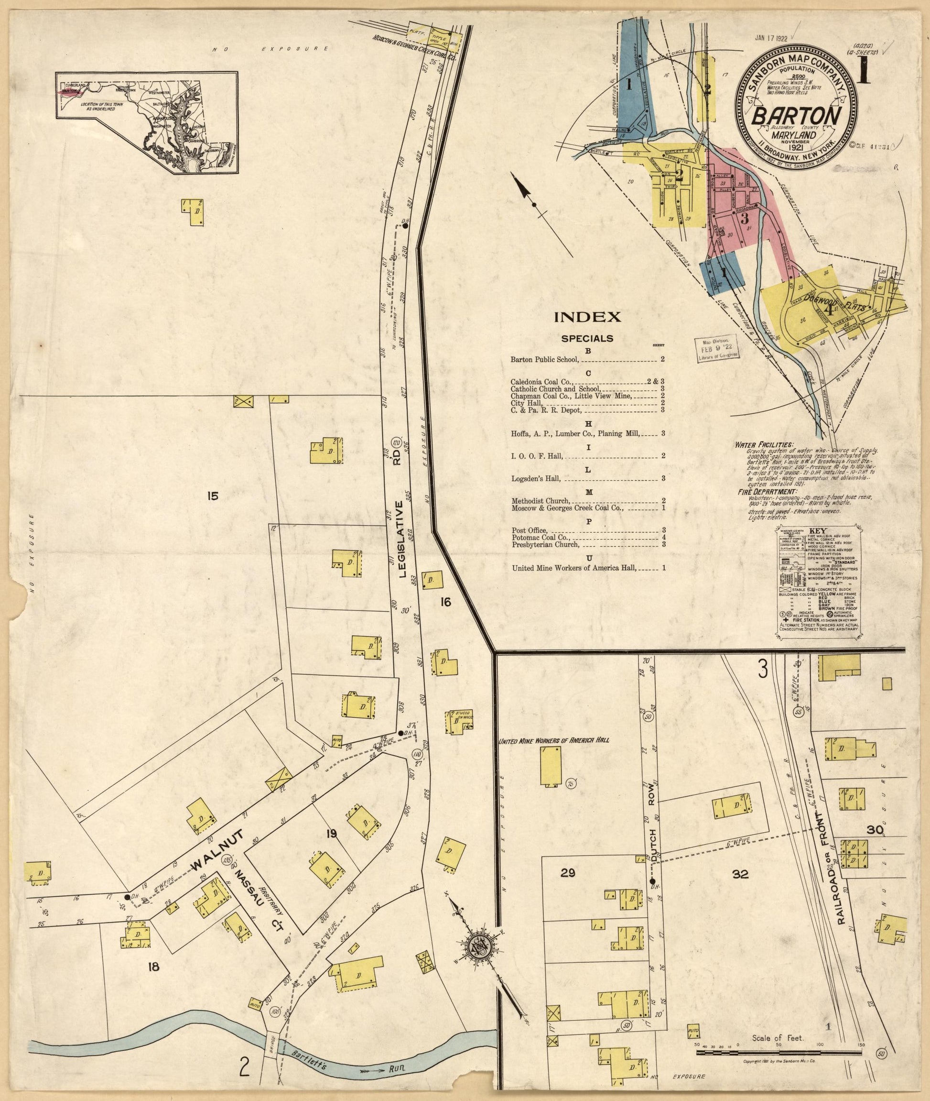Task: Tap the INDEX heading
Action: pos(587,317)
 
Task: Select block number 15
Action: pos(213,495)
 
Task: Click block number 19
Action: pos(331,834)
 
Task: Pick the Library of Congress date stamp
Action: pos(716,348)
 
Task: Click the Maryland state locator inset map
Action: pos(148,123)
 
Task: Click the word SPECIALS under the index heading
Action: pos(587,338)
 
